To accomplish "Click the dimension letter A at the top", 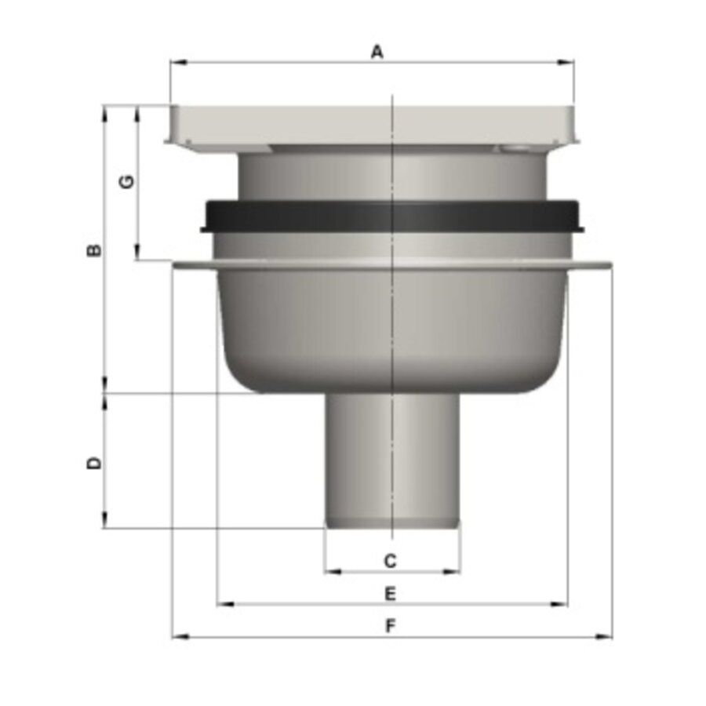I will (377, 52).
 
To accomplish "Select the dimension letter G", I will (126, 182).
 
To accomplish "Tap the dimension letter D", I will (94, 463).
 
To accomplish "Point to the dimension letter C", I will (390, 561).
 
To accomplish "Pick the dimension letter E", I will (390, 594).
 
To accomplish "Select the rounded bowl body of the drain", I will (392, 329).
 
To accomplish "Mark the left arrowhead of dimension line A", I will (173, 62).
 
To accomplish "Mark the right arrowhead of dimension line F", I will (608, 637).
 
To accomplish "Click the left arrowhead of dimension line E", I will (220, 604).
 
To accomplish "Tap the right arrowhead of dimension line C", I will (457, 571).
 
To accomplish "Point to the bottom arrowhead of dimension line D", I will (104, 523).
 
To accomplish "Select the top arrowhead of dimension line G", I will (138, 109).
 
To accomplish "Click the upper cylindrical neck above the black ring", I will (392, 176).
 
